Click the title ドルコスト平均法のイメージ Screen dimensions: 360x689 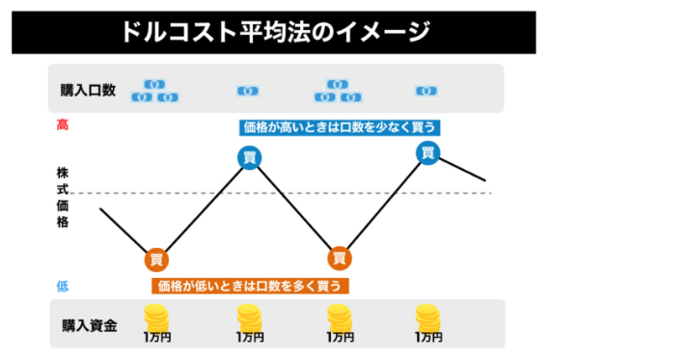[x=274, y=32]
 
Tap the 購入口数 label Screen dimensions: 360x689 [x=89, y=91]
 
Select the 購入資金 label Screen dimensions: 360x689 [x=89, y=325]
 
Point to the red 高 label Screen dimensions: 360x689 [x=63, y=125]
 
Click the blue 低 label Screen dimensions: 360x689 [x=63, y=286]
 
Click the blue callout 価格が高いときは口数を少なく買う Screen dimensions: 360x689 [x=341, y=126]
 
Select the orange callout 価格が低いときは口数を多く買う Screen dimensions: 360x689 [x=249, y=286]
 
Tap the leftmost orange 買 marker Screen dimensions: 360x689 [x=156, y=259]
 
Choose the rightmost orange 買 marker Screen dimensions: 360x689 [x=339, y=258]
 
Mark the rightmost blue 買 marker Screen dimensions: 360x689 [x=427, y=152]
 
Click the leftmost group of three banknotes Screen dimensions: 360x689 [x=155, y=91]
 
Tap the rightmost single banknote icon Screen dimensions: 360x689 [x=427, y=91]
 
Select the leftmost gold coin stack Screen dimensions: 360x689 [x=157, y=316]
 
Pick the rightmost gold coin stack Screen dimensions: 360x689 [x=427, y=316]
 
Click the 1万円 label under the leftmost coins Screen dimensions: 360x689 [x=157, y=338]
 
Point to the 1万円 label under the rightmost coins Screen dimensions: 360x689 [x=427, y=338]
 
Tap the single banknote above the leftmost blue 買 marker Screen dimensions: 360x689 [x=248, y=92]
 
